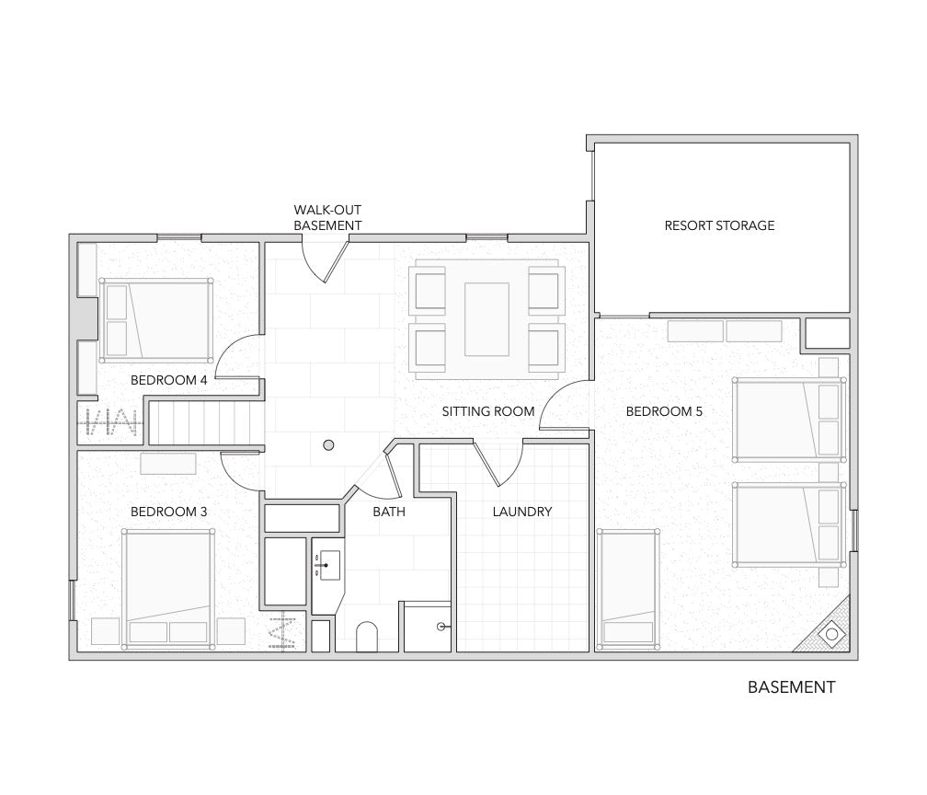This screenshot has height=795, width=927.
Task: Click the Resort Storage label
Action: click(719, 225)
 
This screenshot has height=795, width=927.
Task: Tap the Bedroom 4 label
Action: click(168, 380)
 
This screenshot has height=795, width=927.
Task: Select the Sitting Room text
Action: click(487, 411)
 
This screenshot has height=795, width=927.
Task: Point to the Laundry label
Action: click(522, 512)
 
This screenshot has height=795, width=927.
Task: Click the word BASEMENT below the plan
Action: click(791, 687)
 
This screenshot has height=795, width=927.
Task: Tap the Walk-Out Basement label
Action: click(327, 218)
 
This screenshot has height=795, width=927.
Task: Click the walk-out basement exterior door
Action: click(325, 259)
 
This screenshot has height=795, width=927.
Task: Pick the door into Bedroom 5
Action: click(566, 405)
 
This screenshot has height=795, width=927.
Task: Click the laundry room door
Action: click(498, 464)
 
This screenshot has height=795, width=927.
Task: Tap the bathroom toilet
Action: click(367, 637)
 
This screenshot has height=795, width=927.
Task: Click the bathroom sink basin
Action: click(329, 566)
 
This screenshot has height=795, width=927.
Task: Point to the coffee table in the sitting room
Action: click(486, 319)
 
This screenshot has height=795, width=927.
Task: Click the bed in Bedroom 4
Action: click(156, 320)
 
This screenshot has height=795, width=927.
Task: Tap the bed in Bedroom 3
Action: click(168, 589)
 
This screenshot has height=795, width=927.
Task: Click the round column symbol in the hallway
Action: click(328, 445)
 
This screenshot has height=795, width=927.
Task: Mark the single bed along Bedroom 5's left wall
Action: click(628, 589)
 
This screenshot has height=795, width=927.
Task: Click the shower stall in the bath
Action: click(428, 627)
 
